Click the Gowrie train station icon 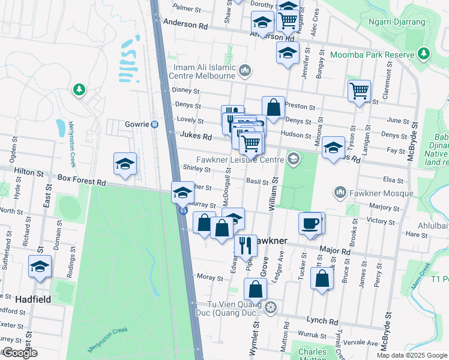click(154, 124)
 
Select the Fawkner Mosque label click(382, 193)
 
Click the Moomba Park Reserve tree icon click(424, 54)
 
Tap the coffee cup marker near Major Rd click(310, 223)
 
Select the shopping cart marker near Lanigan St click(358, 91)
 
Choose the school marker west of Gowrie click(125, 164)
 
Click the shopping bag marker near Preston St click(273, 108)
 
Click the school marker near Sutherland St click(40, 266)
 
